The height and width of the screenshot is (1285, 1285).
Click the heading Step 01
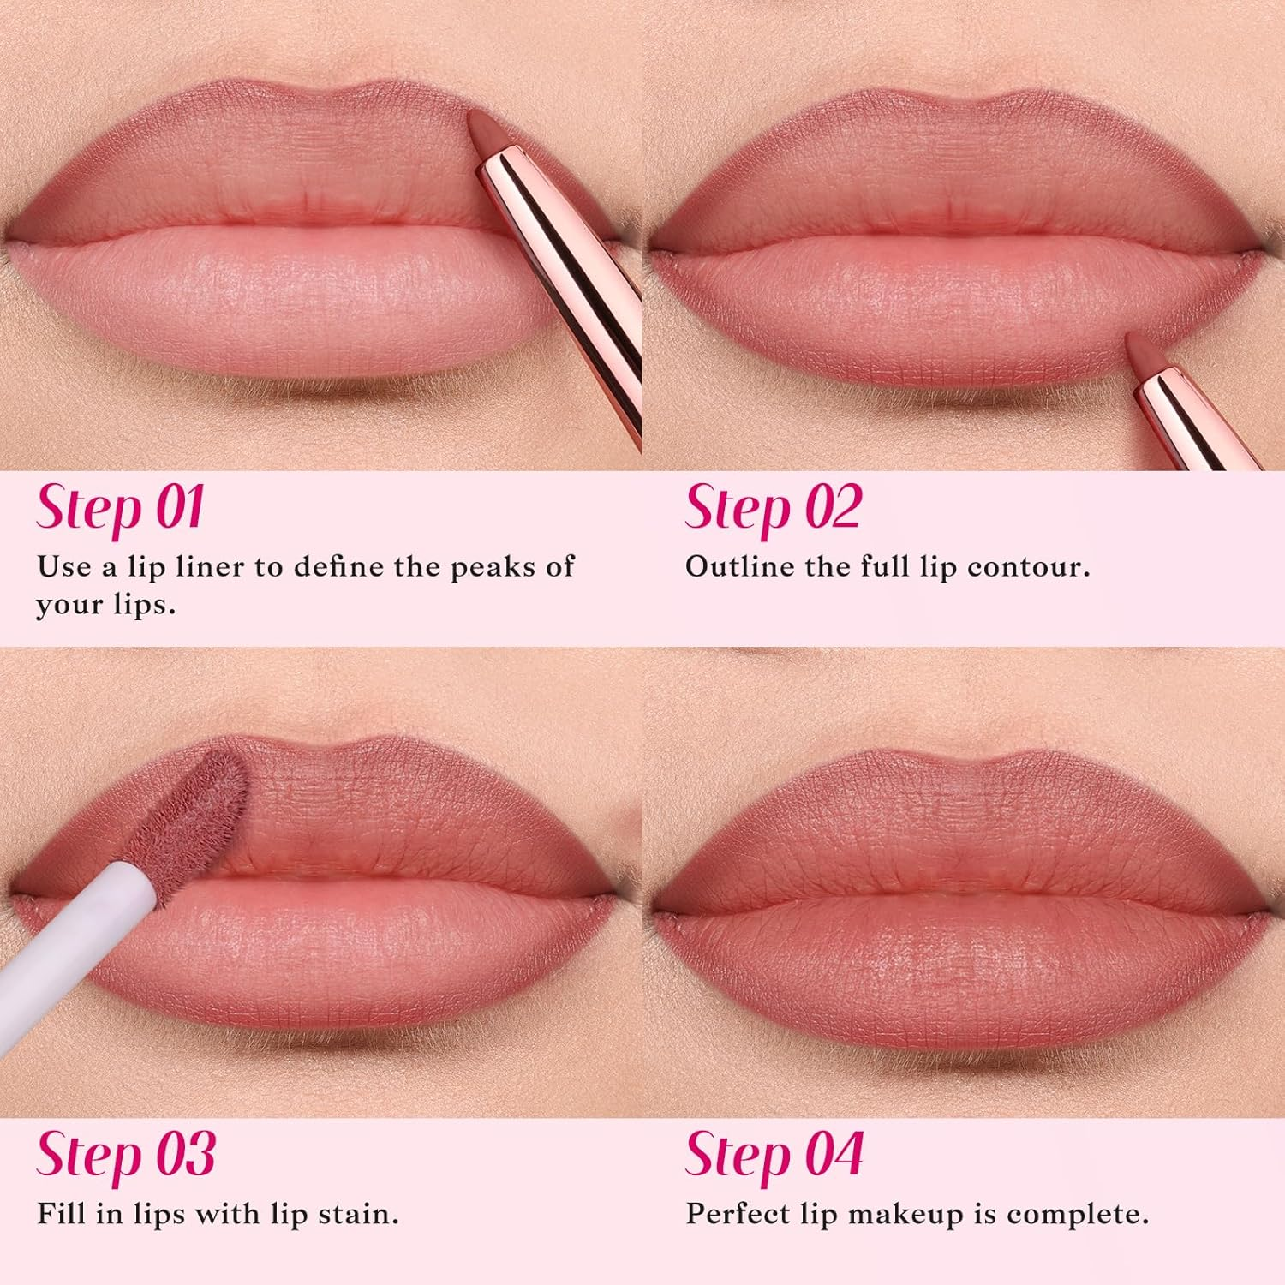(120, 509)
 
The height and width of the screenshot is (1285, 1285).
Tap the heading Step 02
(772, 509)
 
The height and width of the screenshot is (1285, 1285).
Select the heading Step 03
(125, 1156)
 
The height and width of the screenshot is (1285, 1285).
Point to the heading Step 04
(774, 1156)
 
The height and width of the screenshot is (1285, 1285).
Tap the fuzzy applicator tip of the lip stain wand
(206, 797)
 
